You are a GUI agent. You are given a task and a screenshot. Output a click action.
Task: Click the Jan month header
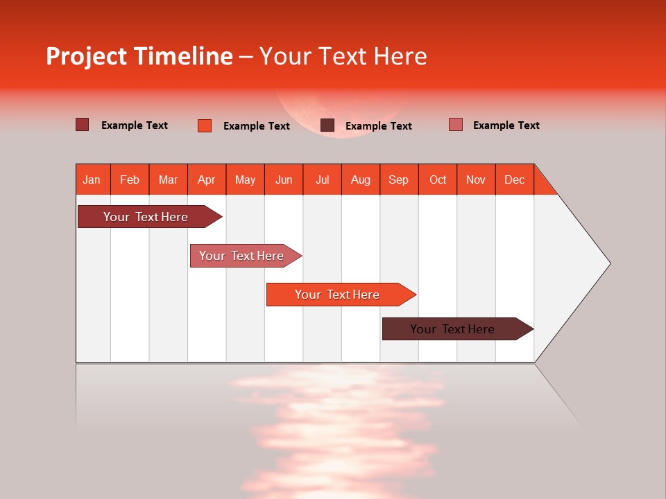click(x=92, y=180)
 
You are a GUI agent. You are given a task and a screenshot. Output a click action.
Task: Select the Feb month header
click(x=130, y=180)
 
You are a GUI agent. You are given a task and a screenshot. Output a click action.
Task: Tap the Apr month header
click(x=206, y=180)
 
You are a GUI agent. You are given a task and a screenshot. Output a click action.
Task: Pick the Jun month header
click(x=284, y=180)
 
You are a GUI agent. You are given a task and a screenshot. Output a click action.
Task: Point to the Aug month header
click(x=360, y=180)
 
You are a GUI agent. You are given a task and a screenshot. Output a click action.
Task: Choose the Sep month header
click(x=398, y=180)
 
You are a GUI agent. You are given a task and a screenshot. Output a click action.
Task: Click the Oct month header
click(x=438, y=180)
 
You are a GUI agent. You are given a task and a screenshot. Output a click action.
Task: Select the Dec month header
click(x=514, y=180)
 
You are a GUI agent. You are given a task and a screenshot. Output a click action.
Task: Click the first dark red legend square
click(x=83, y=125)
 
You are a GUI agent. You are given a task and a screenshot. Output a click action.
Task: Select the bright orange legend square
click(x=205, y=125)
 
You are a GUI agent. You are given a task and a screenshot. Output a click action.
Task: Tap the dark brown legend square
click(x=327, y=125)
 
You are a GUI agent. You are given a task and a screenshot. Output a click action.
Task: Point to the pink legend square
click(x=456, y=125)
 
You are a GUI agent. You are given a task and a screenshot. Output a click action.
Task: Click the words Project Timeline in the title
click(x=139, y=56)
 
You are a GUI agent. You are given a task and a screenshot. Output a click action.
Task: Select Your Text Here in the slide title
click(x=343, y=56)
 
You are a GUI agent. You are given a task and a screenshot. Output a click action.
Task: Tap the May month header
click(x=245, y=180)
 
